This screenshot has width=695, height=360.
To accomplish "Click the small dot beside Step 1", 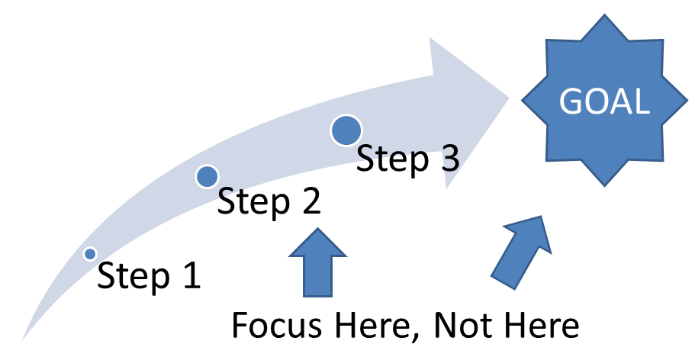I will [x=90, y=253].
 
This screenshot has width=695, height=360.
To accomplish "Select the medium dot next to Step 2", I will [x=207, y=177].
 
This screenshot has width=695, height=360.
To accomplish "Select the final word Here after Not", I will [x=542, y=326].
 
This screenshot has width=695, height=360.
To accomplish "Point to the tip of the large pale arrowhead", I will [x=510, y=97].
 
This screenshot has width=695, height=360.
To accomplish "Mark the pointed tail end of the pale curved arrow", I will [x=24, y=338].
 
